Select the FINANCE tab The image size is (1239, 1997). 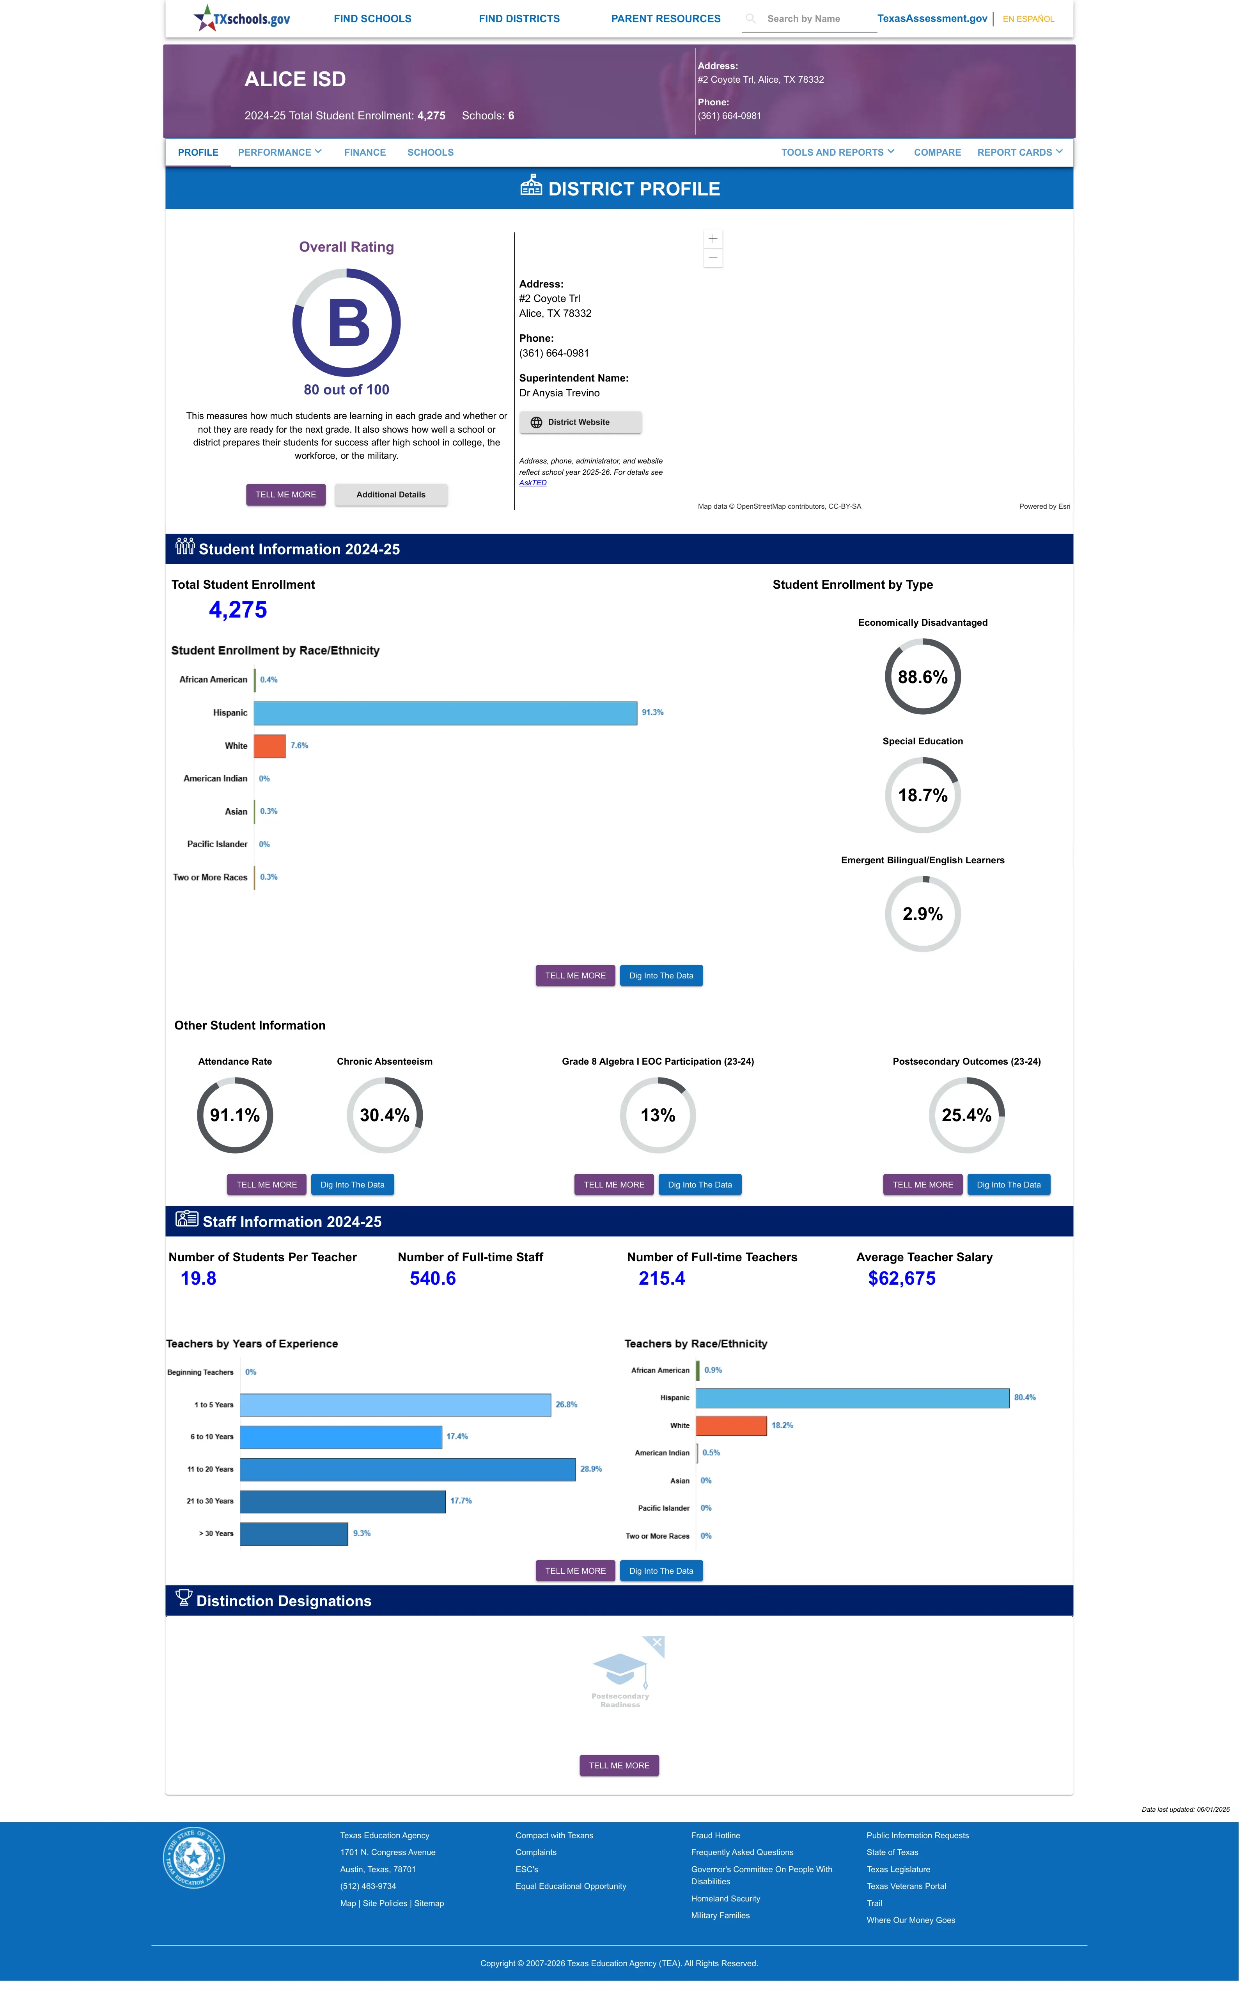[x=365, y=153]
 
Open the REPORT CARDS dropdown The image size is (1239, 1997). [x=1019, y=153]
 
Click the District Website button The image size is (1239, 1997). [x=580, y=422]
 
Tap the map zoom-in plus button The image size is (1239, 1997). [x=713, y=238]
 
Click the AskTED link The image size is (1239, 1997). [x=533, y=483]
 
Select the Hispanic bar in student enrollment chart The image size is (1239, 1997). [x=445, y=713]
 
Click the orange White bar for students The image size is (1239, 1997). [x=269, y=746]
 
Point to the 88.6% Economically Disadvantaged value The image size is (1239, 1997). [x=923, y=677]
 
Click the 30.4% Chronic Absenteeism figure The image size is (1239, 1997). [x=384, y=1115]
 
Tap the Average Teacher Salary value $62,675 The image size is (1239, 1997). [x=901, y=1278]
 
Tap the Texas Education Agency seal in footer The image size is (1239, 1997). [x=193, y=1857]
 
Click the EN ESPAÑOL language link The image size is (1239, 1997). [x=1028, y=19]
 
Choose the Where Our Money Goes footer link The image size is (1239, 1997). [x=910, y=1920]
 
